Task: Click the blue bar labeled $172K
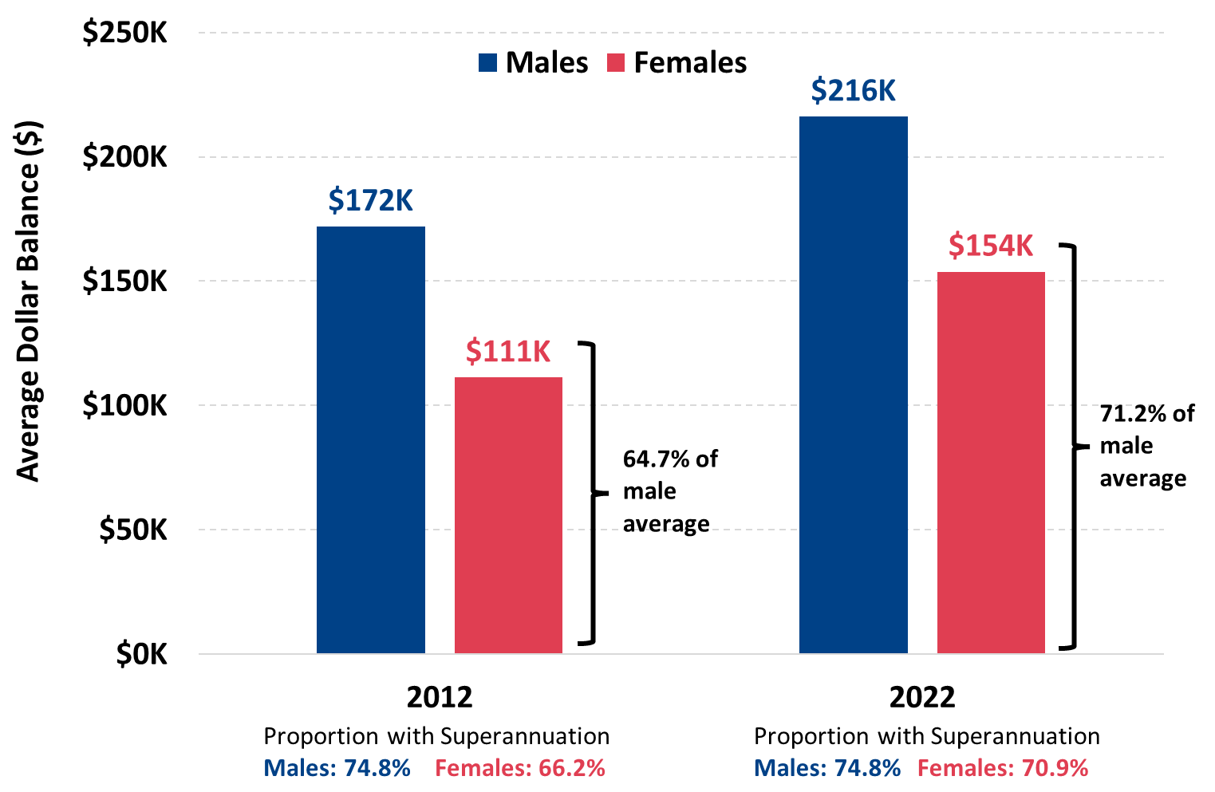[371, 439]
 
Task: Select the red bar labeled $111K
[508, 515]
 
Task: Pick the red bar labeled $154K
[991, 463]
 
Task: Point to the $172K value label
[371, 200]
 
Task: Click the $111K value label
[508, 351]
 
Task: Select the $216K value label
[853, 91]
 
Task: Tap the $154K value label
[991, 246]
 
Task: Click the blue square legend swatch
[487, 63]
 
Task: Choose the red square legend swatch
[616, 63]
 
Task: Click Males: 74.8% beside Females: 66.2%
[337, 768]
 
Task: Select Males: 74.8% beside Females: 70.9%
[826, 768]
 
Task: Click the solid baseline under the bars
[678, 654]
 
